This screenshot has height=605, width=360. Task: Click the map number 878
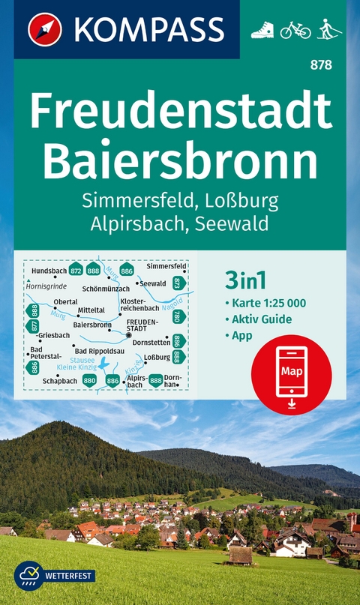pos(325,65)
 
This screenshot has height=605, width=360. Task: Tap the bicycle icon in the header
pos(295,30)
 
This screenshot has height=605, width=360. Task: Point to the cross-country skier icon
pos(328,30)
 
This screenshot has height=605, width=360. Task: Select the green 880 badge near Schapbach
pos(89,381)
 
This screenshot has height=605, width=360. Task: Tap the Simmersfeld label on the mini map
pos(166,266)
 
